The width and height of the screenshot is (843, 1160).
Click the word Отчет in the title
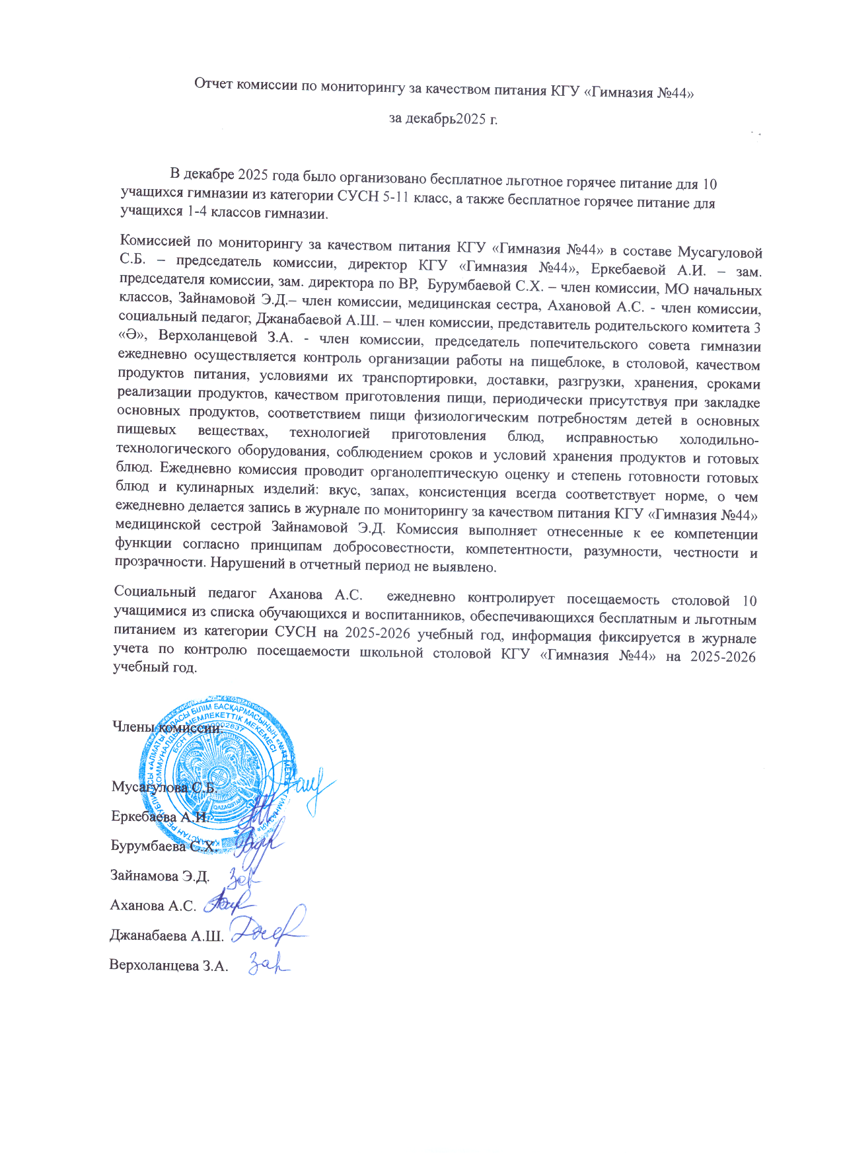click(x=213, y=84)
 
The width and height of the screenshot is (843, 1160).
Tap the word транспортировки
click(x=417, y=379)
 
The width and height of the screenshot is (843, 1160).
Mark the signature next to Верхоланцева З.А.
click(x=268, y=966)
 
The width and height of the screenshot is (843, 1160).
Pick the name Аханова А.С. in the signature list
click(x=153, y=906)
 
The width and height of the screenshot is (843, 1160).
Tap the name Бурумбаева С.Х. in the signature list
click(x=163, y=846)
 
